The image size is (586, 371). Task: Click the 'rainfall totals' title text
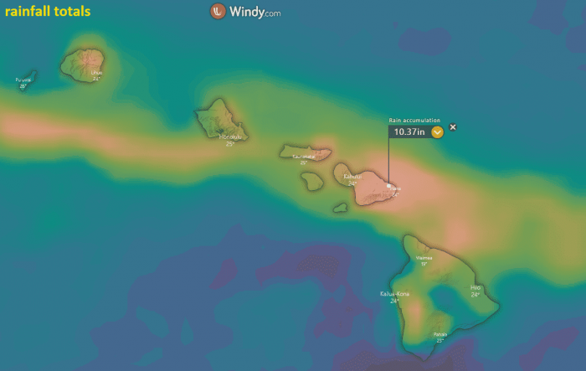coord(48,13)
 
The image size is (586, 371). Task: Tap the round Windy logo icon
coord(218,12)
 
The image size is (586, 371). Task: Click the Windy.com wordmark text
coord(254,12)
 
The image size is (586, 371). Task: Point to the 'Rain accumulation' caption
coord(414,121)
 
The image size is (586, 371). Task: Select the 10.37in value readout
coord(409,131)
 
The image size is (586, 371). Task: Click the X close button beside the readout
coord(453,127)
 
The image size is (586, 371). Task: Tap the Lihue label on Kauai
coord(96,73)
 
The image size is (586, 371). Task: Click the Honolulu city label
coord(230,137)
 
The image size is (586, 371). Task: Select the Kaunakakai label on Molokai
coord(303,157)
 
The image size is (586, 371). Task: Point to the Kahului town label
coord(352,177)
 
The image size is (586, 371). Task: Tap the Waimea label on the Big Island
coord(424,258)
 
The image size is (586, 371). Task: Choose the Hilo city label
coord(475,288)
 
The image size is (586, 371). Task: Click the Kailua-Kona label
coord(394,294)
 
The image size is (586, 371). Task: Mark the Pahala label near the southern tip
coord(439,334)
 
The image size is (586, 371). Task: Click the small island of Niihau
coord(28,77)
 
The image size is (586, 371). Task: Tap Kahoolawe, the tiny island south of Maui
coord(340,208)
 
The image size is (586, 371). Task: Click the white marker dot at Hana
coord(389,187)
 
